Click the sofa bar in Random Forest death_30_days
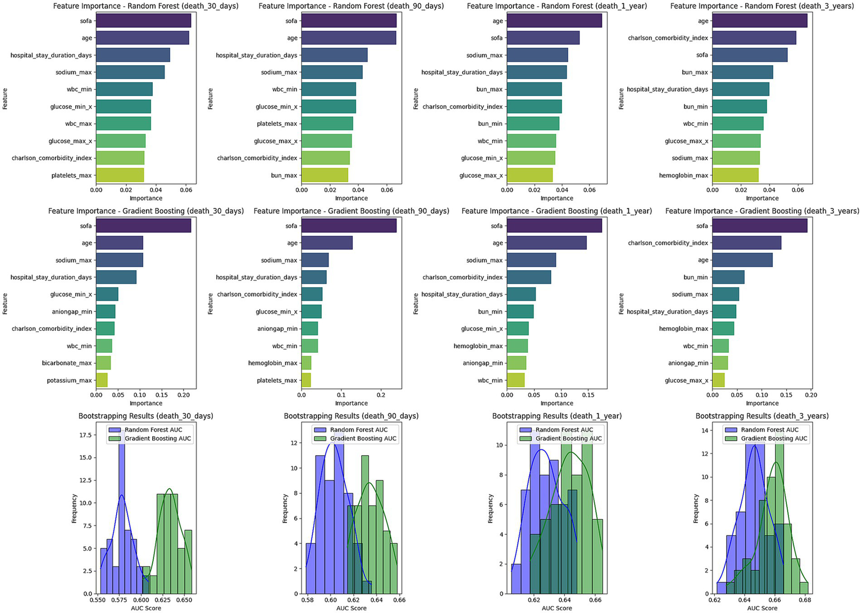pyautogui.click(x=143, y=21)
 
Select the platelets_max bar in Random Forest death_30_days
pyautogui.click(x=120, y=175)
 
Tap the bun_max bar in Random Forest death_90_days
pyautogui.click(x=325, y=175)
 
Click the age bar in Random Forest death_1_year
pyautogui.click(x=554, y=21)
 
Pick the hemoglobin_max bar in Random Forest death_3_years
pyautogui.click(x=735, y=175)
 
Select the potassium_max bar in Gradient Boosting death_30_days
pyautogui.click(x=102, y=380)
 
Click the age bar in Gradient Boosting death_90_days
pyautogui.click(x=327, y=243)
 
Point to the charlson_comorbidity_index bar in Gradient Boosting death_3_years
pyautogui.click(x=746, y=243)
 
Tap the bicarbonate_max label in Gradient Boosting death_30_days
pyautogui.click(x=66, y=363)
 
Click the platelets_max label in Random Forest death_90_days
pyautogui.click(x=277, y=124)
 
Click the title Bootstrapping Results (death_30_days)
pyautogui.click(x=145, y=416)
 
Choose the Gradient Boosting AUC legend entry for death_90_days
pyautogui.click(x=363, y=439)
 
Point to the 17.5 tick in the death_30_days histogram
pyautogui.click(x=85, y=435)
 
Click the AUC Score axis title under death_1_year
pyautogui.click(x=557, y=609)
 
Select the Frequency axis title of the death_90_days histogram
pyautogui.click(x=285, y=508)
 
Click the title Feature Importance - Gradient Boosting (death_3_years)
pyautogui.click(x=762, y=211)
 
